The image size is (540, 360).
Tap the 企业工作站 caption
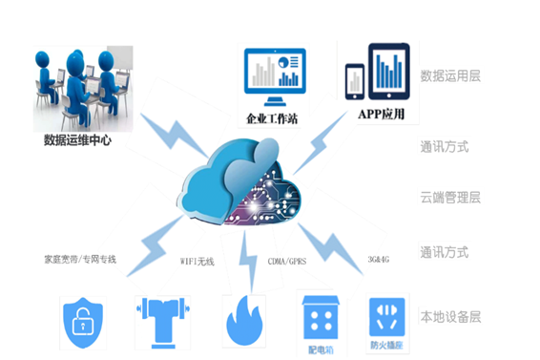274,120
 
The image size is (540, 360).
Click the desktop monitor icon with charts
273,77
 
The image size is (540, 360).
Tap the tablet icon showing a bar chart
388,73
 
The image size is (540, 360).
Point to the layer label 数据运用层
450,74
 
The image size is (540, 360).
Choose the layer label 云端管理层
450,198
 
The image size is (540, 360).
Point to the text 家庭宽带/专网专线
80,259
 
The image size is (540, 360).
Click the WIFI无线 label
198,260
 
